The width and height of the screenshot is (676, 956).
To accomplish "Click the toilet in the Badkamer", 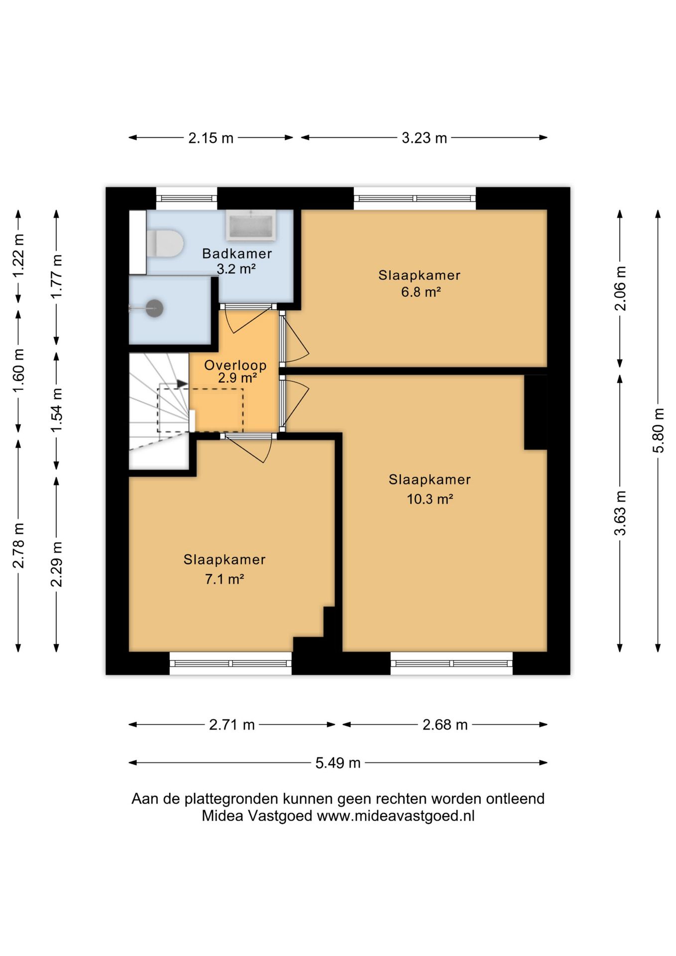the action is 165,243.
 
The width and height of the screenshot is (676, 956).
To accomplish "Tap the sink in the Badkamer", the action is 251,225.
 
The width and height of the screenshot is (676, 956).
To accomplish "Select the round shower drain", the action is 154,309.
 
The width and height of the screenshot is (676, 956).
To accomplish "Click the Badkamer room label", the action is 237,253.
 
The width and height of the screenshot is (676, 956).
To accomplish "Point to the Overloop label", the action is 235,365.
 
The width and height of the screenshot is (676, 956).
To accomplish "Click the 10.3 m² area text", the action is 430,498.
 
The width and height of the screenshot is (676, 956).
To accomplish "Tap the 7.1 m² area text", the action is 225,579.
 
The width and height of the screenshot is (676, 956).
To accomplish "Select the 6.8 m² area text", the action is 421,292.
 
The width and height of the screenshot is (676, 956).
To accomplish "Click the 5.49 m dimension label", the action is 338,763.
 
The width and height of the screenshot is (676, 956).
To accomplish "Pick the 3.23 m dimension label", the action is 425,138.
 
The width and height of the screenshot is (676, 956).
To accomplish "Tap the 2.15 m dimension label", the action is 211,138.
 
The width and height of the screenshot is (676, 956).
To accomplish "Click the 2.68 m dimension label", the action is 445,724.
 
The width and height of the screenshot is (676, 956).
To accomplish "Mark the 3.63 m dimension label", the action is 620,513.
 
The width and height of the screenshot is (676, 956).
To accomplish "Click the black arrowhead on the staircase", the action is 182,384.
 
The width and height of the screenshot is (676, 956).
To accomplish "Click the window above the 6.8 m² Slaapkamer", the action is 415,198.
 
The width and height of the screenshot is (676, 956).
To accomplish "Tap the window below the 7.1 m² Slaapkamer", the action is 230,663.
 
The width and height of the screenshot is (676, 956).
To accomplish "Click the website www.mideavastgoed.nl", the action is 396,816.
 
